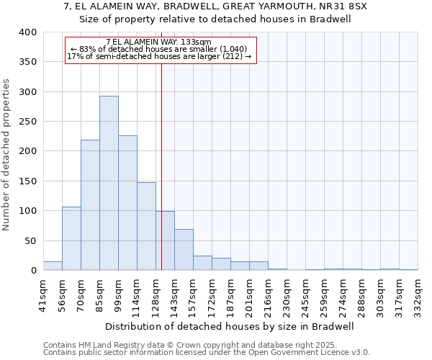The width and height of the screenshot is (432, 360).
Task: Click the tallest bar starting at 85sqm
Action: (x=109, y=183)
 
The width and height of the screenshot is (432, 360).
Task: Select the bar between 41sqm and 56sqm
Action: (x=53, y=266)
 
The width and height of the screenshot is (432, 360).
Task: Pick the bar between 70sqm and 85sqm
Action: (x=90, y=205)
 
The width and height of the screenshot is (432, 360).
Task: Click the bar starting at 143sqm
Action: (x=184, y=250)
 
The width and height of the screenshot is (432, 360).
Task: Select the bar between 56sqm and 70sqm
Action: (x=71, y=238)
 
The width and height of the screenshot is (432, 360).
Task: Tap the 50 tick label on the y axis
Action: (x=30, y=240)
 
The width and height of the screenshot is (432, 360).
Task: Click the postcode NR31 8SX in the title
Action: (x=347, y=6)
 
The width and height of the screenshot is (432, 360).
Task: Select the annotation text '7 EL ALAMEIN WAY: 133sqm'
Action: (x=158, y=42)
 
